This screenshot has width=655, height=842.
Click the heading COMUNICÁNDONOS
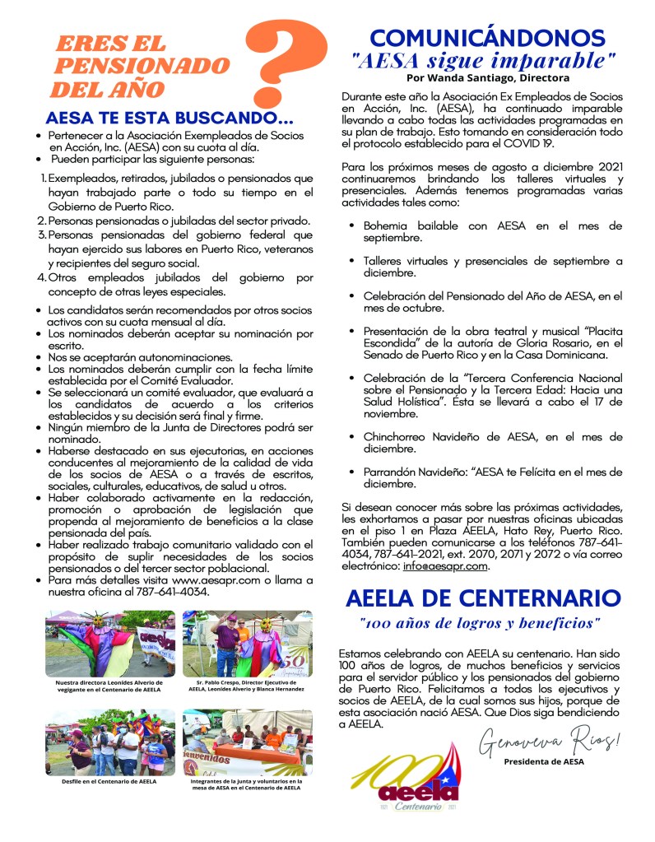pyautogui.click(x=488, y=38)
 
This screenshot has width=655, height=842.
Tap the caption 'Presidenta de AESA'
pyautogui.click(x=543, y=761)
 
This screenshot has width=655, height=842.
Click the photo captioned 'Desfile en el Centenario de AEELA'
pyautogui.click(x=110, y=742)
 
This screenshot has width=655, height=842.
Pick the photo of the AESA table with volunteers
pyautogui.click(x=247, y=742)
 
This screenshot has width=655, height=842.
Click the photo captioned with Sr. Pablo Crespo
pyautogui.click(x=247, y=644)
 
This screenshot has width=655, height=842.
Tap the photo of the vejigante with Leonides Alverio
pyautogui.click(x=110, y=644)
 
